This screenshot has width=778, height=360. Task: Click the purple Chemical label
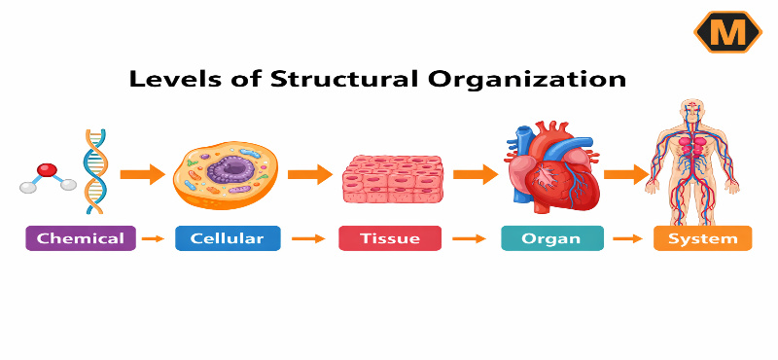pos(81,238)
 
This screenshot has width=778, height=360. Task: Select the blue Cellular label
pos(228,238)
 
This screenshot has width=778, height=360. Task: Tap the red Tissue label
pos(389,238)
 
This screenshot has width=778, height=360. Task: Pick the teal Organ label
pos(551,238)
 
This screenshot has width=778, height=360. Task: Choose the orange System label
pos(702,238)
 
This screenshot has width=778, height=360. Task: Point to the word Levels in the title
pos(170,79)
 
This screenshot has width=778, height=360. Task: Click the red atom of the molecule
pos(46,171)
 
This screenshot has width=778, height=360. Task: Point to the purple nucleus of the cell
pos(230,171)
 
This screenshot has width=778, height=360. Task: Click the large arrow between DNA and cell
pos(142,175)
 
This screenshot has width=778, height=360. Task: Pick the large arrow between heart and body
pos(626,175)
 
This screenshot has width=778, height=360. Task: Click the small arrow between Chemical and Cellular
pos(153,238)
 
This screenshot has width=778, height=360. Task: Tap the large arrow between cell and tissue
pos(310,175)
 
